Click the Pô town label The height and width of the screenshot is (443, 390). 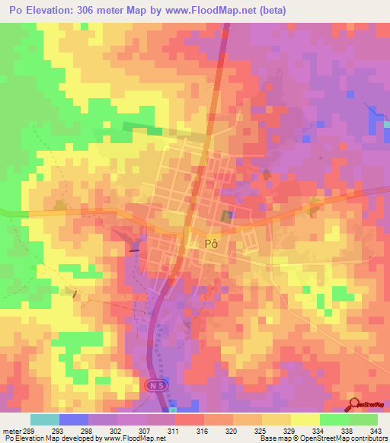[213, 244]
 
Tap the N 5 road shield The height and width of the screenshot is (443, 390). [155, 386]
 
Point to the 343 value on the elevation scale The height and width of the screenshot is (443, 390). [375, 430]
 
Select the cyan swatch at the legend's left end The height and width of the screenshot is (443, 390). [45, 419]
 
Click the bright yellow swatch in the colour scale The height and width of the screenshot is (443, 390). [305, 419]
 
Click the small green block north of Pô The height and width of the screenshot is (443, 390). [155, 131]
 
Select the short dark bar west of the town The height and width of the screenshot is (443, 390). [136, 247]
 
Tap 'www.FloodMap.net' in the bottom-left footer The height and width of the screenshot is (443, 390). [135, 438]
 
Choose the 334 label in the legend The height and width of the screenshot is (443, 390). [318, 430]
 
